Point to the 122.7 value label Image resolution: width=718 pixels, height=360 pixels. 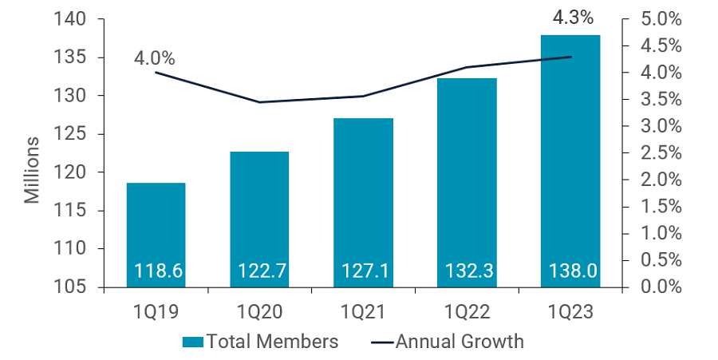(259, 271)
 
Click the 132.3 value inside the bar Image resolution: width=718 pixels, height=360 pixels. (467, 271)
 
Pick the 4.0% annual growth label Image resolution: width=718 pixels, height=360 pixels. (154, 58)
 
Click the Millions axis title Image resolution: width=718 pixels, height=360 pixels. (32, 170)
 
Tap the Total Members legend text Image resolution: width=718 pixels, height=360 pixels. (272, 342)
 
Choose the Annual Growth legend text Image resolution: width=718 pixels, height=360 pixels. (460, 342)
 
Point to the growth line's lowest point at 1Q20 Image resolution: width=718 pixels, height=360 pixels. (259, 102)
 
